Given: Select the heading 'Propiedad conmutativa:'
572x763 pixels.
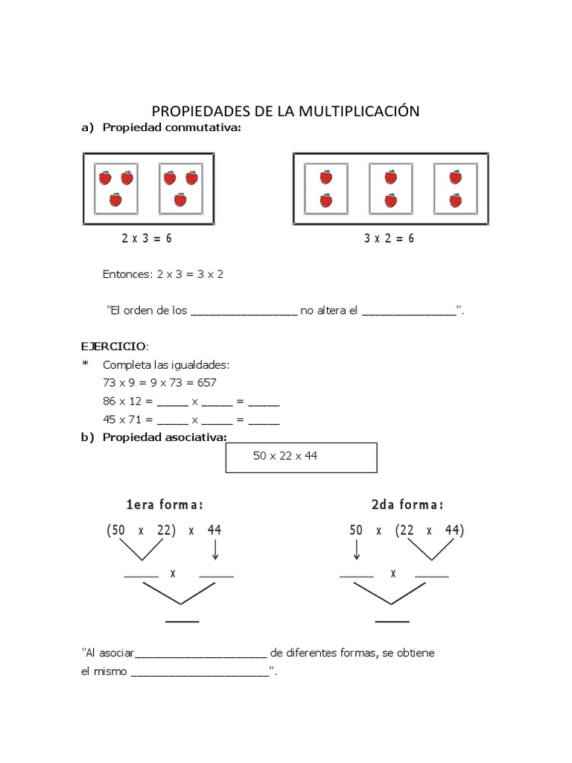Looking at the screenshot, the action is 172,128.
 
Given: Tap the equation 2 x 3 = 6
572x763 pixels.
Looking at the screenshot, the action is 147,238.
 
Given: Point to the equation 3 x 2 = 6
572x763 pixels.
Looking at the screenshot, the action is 390,238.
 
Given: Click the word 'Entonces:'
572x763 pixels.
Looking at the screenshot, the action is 127,274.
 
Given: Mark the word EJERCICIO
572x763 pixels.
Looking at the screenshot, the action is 114,346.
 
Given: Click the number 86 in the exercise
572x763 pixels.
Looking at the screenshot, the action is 109,401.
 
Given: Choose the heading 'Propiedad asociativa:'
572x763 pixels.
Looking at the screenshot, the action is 164,437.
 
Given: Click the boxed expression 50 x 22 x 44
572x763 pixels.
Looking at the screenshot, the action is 285,456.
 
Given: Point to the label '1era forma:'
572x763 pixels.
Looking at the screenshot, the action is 165,505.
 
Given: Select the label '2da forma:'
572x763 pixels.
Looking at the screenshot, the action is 407,505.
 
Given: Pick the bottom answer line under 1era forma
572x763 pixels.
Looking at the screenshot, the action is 182,621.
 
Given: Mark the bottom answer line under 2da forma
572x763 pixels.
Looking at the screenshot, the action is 393,621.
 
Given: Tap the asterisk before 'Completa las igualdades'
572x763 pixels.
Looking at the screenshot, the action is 85,364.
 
